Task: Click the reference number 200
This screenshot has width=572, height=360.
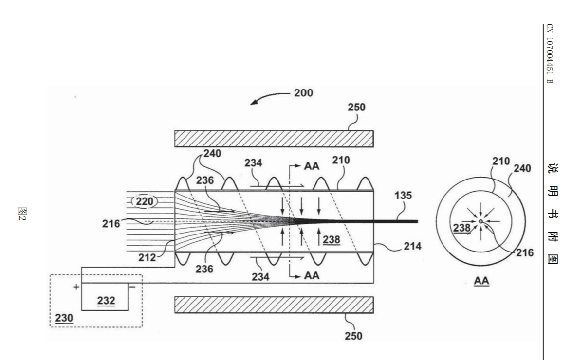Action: [x=303, y=93]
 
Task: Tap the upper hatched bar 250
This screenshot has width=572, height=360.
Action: [x=274, y=139]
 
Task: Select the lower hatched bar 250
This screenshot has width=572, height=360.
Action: [x=274, y=305]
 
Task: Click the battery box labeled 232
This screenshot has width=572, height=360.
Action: [x=105, y=297]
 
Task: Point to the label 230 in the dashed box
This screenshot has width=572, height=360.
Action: [x=64, y=318]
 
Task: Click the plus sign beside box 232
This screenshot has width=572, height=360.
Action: [x=76, y=287]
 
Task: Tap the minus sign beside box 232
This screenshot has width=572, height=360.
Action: [x=132, y=287]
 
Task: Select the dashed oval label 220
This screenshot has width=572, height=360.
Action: [x=145, y=201]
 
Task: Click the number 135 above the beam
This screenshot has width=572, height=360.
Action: [x=403, y=196]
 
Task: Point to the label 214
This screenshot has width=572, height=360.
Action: [x=413, y=246]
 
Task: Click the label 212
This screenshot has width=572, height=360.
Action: [x=147, y=258]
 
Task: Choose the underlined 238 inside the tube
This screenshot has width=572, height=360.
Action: [x=331, y=240]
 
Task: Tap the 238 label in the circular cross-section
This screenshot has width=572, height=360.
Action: [x=462, y=228]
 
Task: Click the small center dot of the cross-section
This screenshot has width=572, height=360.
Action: [x=481, y=221]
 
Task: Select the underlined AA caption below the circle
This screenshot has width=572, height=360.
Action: [x=481, y=281]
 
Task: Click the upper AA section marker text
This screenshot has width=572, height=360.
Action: [x=312, y=166]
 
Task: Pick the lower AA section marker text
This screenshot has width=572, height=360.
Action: [x=312, y=275]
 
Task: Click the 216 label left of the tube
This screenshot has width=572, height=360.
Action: [x=111, y=224]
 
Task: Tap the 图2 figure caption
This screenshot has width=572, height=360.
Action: [x=22, y=214]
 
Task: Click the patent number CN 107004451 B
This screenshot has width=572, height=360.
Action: [x=550, y=54]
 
